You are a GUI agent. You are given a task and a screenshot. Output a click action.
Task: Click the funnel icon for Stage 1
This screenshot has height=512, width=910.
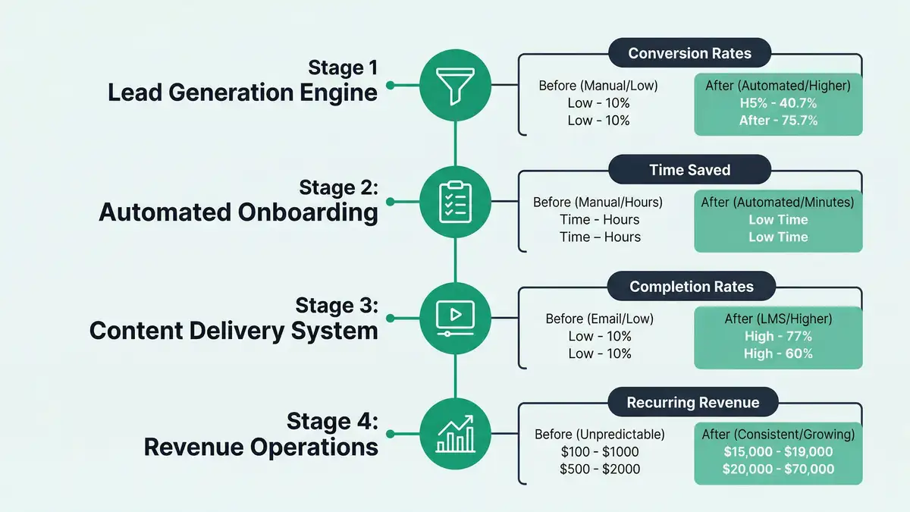pyautogui.click(x=455, y=84)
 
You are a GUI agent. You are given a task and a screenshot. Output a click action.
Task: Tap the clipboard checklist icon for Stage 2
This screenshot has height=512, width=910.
pyautogui.click(x=455, y=202)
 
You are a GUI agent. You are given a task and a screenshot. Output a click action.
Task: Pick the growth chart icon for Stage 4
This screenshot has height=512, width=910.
pyautogui.click(x=455, y=435)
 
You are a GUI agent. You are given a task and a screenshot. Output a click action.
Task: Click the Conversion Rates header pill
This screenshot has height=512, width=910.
pyautogui.click(x=689, y=54)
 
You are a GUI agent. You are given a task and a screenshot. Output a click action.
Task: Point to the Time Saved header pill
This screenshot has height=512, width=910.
pyautogui.click(x=689, y=170)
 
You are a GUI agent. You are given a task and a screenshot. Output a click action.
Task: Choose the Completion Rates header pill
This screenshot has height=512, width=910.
pyautogui.click(x=692, y=287)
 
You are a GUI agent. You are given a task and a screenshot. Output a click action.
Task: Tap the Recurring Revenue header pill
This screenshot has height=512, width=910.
pyautogui.click(x=692, y=403)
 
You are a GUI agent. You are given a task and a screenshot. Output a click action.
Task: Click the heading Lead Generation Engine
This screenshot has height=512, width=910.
pyautogui.click(x=243, y=93)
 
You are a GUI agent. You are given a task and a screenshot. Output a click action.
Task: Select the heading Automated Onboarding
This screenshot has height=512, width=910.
pyautogui.click(x=238, y=212)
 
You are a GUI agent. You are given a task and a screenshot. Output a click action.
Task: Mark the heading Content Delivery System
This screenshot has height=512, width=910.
pyautogui.click(x=234, y=330)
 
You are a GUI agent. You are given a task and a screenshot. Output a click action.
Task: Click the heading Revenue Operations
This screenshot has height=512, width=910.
pyautogui.click(x=261, y=447)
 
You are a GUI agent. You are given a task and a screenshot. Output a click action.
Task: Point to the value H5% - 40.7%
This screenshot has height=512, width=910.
pyautogui.click(x=778, y=103)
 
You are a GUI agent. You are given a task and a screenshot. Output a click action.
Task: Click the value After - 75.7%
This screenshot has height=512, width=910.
pyautogui.click(x=778, y=121)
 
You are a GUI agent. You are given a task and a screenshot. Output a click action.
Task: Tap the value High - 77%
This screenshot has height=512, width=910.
pyautogui.click(x=778, y=336)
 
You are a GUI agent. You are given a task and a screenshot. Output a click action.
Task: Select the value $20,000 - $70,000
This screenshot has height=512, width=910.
pyautogui.click(x=778, y=470)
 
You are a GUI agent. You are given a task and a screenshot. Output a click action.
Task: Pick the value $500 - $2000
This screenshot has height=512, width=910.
pyautogui.click(x=599, y=470)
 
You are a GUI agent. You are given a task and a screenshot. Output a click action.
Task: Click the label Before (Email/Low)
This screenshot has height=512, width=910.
pyautogui.click(x=599, y=319)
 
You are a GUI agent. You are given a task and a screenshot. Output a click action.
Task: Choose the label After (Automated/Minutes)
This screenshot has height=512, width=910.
pyautogui.click(x=778, y=203)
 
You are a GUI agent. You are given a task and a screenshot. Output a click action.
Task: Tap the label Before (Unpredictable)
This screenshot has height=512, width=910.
pyautogui.click(x=599, y=435)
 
